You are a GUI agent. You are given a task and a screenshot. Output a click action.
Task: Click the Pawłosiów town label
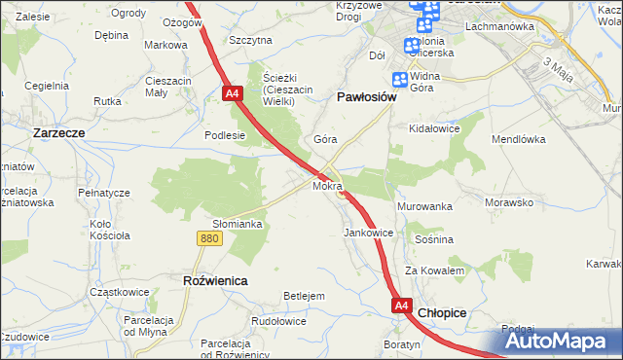coord(365,97)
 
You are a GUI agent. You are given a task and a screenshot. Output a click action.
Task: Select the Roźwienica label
coord(214,280)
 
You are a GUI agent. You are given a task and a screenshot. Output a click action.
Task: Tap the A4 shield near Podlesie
coord(232,93)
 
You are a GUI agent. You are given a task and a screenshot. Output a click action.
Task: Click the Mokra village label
coord(326,184)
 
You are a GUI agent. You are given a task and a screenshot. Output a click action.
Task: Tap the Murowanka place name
coord(424,207)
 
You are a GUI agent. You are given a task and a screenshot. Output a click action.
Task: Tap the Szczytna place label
coord(250,40)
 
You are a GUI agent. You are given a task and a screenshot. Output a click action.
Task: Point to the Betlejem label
coord(303,295)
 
